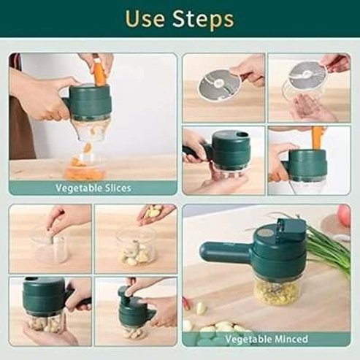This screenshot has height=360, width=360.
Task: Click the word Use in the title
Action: (x=147, y=20)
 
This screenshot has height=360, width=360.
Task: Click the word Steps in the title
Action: (x=206, y=20)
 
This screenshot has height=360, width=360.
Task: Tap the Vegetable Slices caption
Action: (x=93, y=188)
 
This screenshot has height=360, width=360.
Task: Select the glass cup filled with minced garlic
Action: (x=276, y=290)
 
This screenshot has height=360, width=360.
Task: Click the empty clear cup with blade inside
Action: (x=50, y=248)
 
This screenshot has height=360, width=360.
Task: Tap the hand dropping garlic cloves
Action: (x=156, y=212)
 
